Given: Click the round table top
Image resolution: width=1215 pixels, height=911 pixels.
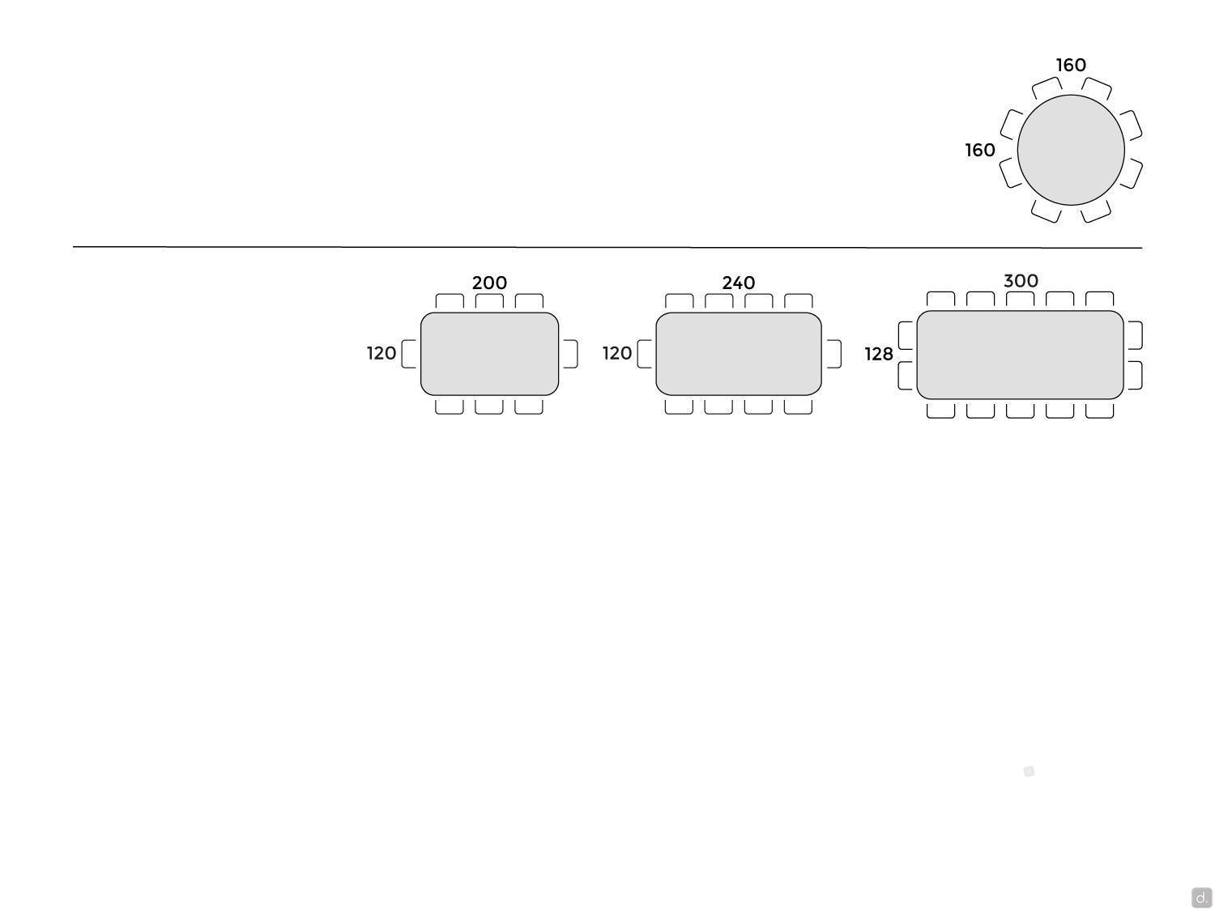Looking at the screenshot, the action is coord(1071,150).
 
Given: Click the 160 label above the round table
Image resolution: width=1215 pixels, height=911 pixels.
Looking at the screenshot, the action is coord(1071,66).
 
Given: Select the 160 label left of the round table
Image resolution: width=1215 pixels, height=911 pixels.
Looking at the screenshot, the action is coord(980,150).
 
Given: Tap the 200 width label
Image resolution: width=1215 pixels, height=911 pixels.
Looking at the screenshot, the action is coord(489,283).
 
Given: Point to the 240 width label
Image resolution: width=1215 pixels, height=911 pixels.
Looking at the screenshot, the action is coord(739,283).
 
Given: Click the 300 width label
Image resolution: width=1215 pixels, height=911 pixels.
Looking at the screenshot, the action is coord(1021,281).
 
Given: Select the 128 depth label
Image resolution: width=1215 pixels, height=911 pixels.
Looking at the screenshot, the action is coord(879,354).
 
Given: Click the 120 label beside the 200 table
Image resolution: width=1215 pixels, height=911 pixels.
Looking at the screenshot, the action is coord(382,353).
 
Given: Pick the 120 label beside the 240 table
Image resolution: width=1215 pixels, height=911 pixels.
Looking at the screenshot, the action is coord(617,353).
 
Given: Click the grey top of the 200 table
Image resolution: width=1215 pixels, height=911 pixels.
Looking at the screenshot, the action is coord(489,354).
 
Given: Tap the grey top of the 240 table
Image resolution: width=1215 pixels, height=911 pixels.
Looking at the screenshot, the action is coord(739,354).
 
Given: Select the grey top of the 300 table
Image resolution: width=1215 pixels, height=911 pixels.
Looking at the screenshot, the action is coord(1020,355).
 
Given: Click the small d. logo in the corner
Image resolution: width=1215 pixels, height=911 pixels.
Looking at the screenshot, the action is coord(1201,896).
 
